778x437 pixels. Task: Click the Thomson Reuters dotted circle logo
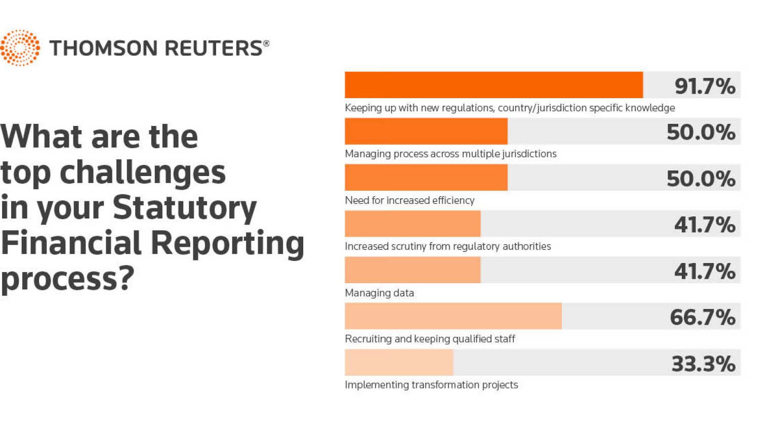click(x=20, y=48)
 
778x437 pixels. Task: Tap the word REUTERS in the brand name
click(x=213, y=48)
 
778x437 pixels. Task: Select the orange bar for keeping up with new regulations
click(x=494, y=85)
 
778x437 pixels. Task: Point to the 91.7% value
click(x=704, y=86)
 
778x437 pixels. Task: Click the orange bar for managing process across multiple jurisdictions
click(x=426, y=132)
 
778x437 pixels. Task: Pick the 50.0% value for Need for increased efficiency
click(x=701, y=179)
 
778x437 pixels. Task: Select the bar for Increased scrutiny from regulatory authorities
click(x=413, y=224)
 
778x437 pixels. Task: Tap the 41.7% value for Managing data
click(x=704, y=271)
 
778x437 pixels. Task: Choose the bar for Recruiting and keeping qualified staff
click(x=453, y=316)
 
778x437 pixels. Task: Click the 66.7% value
click(x=702, y=317)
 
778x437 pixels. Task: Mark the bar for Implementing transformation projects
click(x=399, y=363)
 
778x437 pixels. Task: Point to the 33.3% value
click(x=703, y=364)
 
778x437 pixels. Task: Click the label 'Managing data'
click(x=379, y=293)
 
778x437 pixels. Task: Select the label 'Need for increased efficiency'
click(x=410, y=200)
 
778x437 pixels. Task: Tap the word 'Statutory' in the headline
click(x=184, y=208)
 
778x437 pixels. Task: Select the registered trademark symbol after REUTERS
click(x=266, y=43)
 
